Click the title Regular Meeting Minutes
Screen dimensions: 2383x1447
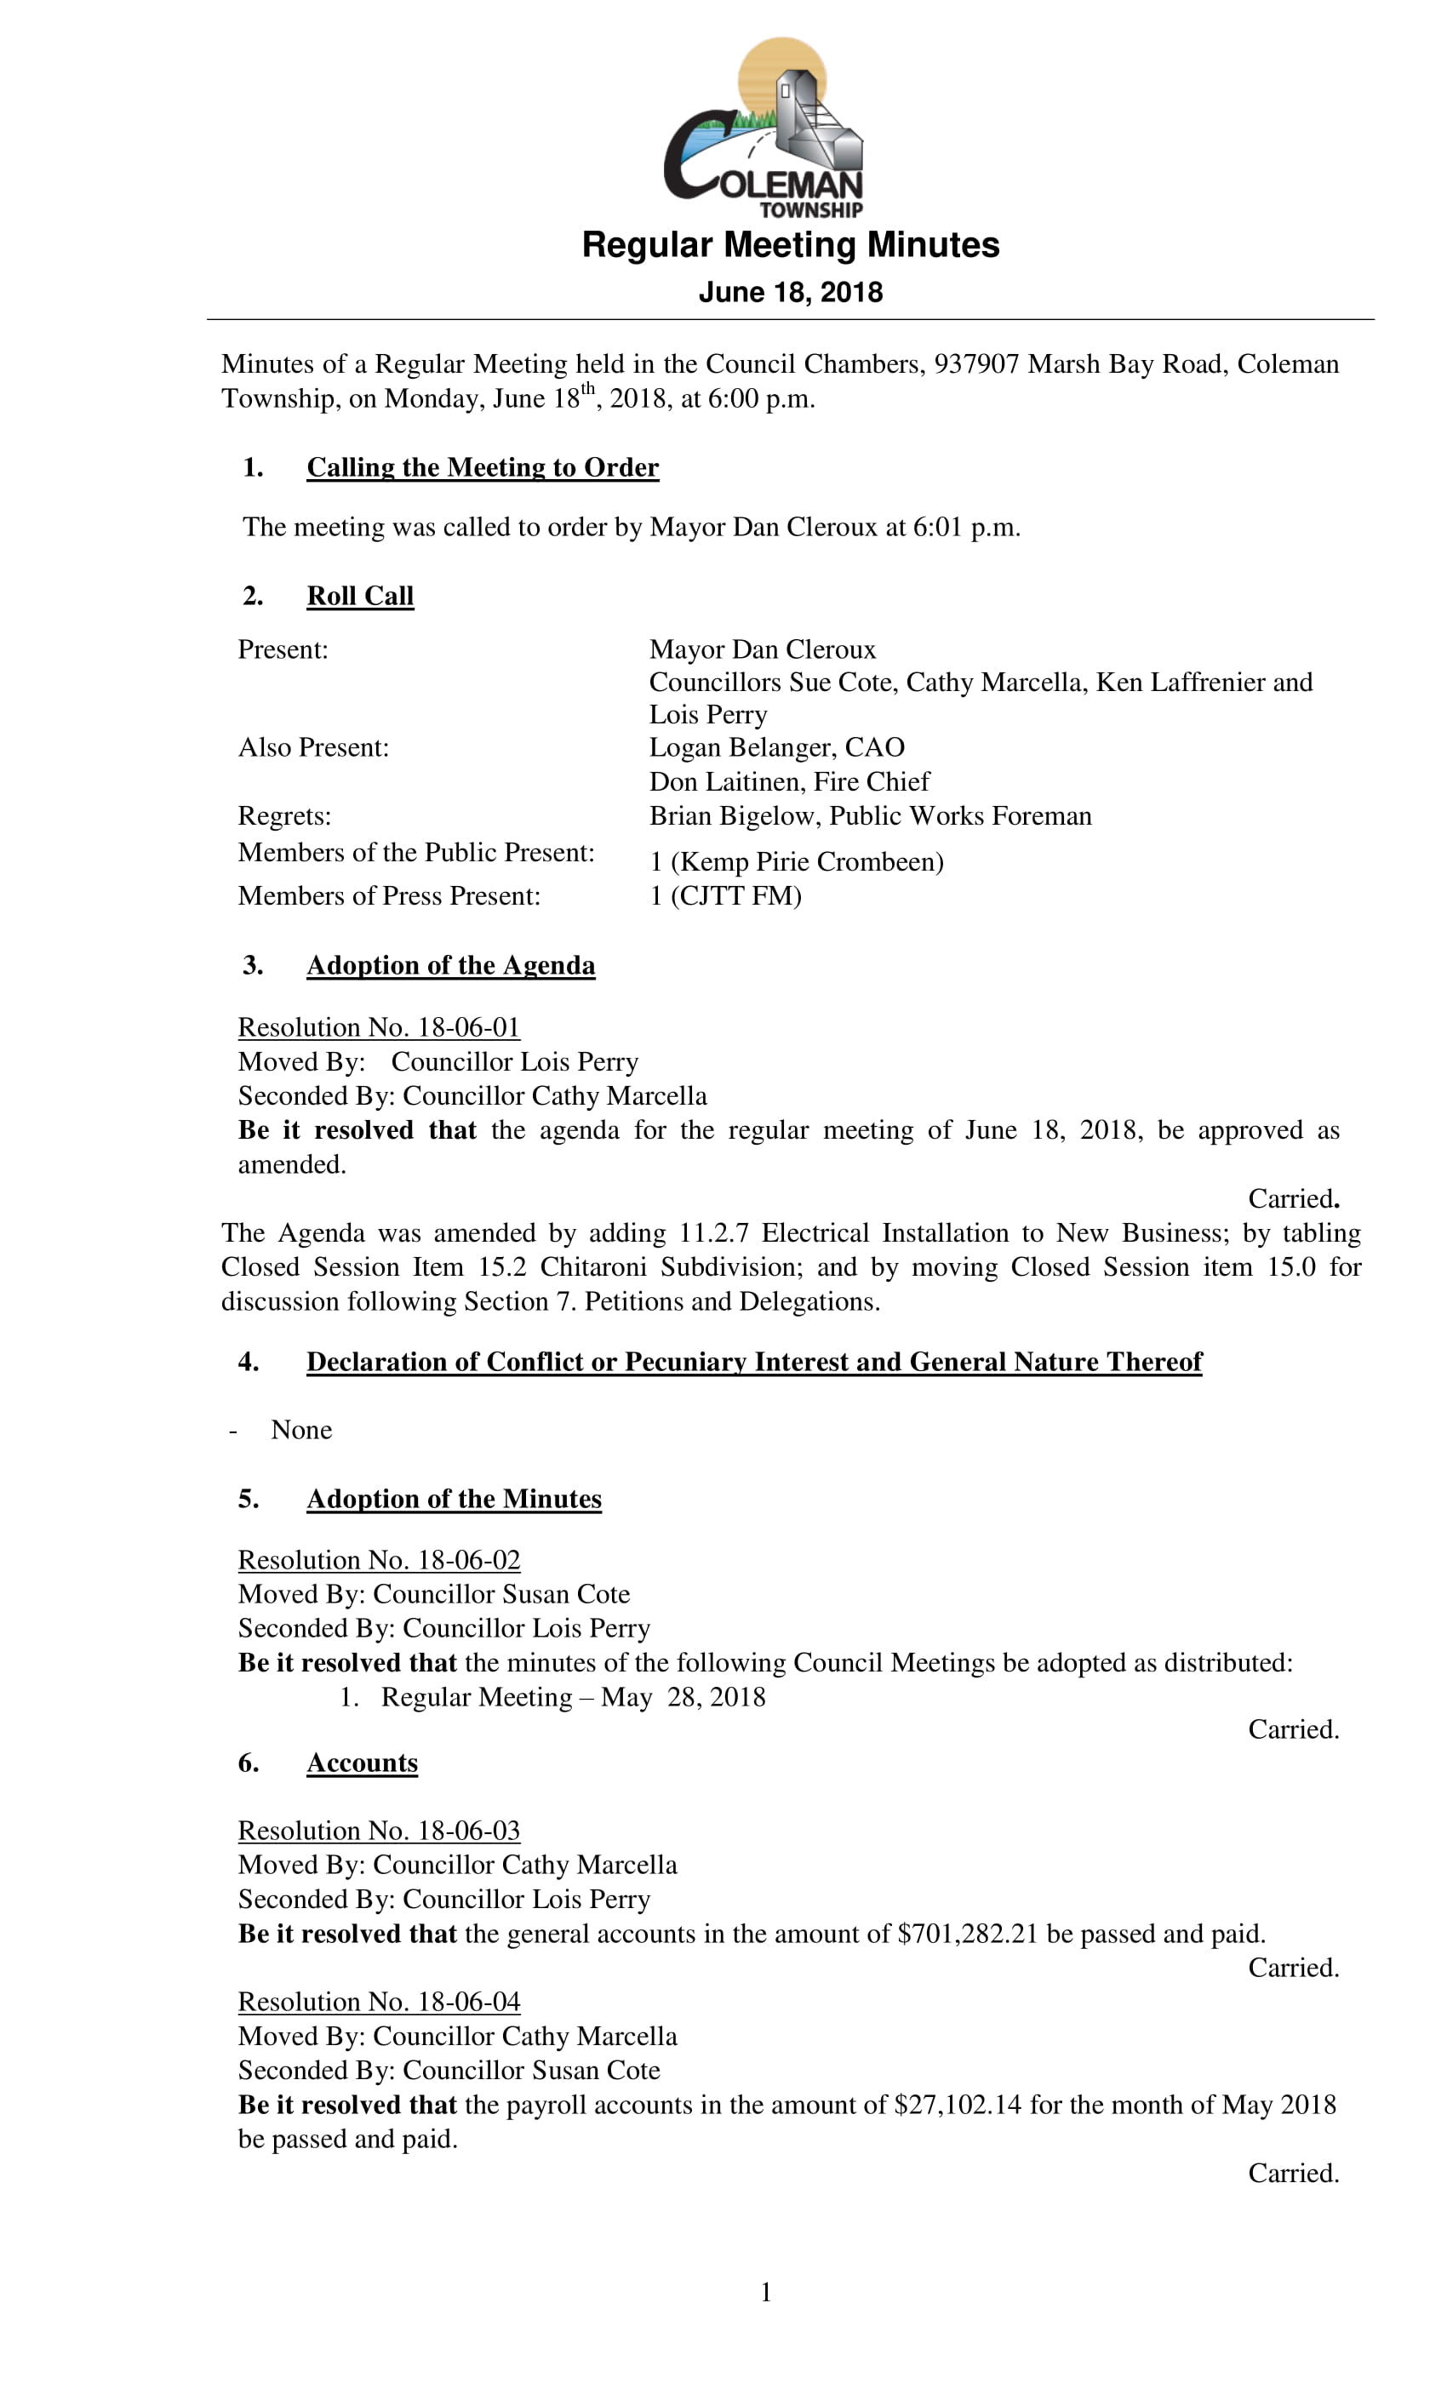[790, 245]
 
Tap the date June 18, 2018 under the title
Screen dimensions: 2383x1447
[790, 292]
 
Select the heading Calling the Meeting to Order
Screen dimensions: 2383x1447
[482, 467]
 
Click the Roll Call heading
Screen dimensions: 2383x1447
[360, 596]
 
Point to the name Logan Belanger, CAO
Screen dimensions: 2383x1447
[776, 746]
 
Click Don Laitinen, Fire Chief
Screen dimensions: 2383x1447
[788, 780]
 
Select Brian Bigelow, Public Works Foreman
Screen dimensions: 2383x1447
[870, 815]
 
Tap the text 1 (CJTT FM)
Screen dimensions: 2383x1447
[724, 895]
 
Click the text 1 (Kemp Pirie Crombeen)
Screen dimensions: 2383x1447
[796, 860]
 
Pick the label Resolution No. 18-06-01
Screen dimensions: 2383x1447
[378, 1026]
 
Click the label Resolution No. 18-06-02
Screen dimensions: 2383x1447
[378, 1559]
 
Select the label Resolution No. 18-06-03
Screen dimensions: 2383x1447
[378, 1830]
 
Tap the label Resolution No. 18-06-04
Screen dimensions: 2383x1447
[378, 2001]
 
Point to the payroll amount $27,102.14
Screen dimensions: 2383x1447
[958, 2105]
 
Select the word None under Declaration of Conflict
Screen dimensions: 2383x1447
[300, 1430]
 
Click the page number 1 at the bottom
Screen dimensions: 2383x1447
[766, 2292]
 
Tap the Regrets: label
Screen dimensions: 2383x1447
[284, 815]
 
